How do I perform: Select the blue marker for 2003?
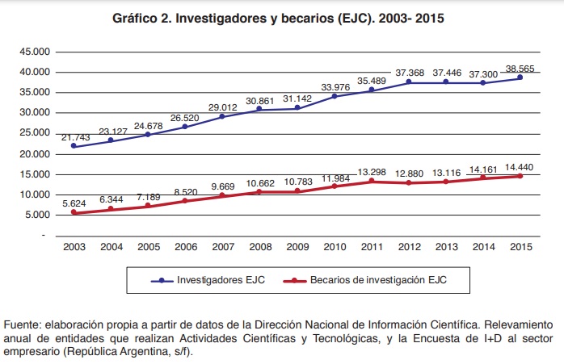click(74, 145)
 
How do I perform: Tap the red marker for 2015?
click(520, 176)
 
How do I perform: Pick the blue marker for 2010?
click(334, 96)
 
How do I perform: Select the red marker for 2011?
click(371, 181)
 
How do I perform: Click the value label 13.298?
click(371, 171)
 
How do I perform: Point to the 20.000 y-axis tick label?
click(35, 153)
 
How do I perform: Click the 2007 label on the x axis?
click(222, 246)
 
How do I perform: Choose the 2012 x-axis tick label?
click(408, 246)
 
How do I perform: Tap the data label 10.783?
click(297, 182)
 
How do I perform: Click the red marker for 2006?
click(185, 200)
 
